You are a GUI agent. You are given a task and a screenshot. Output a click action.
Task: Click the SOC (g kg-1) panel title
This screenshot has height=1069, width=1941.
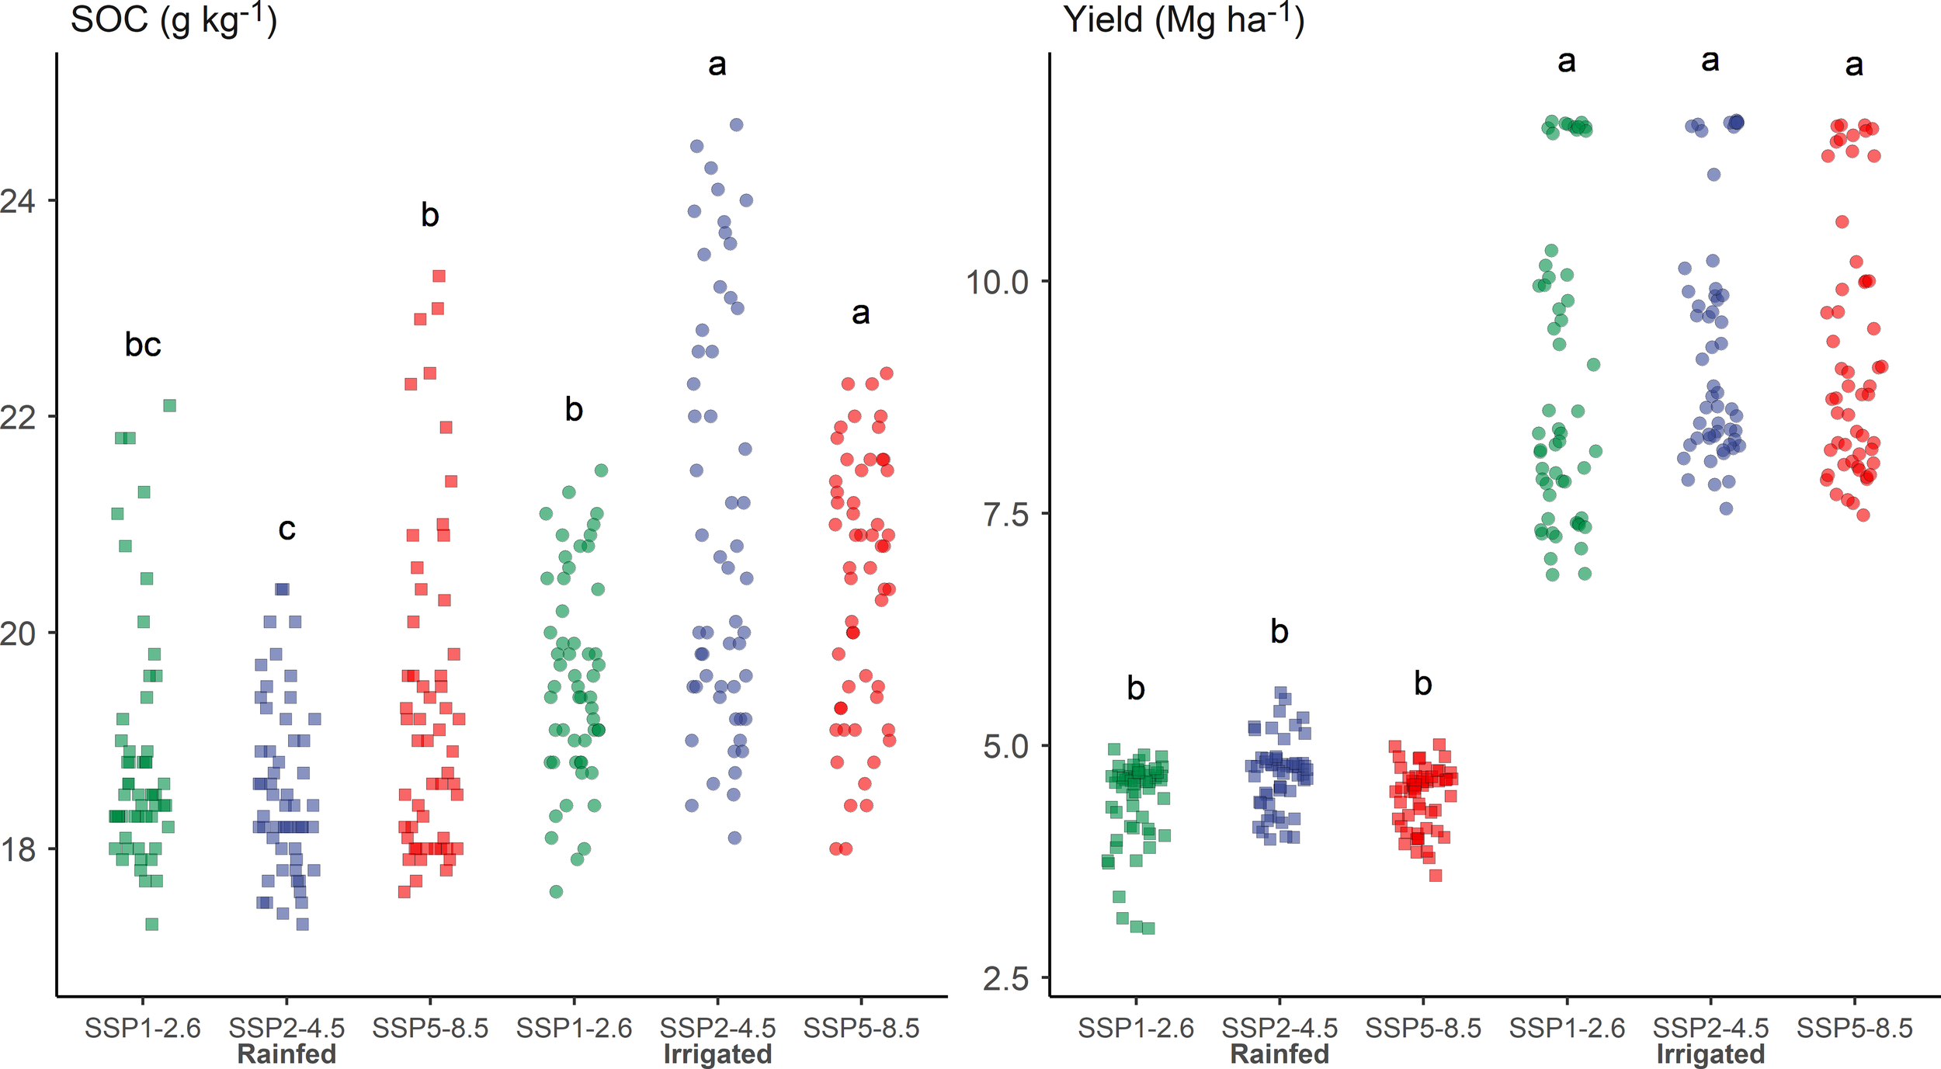(x=173, y=19)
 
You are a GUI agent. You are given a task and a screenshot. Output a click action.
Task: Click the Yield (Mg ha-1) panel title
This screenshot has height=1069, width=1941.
(x=1183, y=19)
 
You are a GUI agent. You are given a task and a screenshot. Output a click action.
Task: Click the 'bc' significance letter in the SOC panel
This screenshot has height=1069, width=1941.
(x=143, y=345)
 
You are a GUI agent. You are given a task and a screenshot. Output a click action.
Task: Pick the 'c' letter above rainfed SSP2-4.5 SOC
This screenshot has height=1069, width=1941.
(x=286, y=529)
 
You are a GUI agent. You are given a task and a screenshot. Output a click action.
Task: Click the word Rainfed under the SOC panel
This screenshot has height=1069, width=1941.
(x=286, y=1054)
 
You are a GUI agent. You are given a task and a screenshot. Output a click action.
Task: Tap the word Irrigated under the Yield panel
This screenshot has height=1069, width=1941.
(x=1710, y=1054)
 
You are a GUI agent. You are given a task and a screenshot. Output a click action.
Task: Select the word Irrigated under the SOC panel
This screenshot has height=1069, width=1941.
(x=717, y=1054)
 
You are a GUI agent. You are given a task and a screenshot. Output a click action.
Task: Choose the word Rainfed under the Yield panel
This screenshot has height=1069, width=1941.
(x=1280, y=1054)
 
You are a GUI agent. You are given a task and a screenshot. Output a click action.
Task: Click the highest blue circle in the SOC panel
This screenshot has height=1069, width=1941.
(x=737, y=125)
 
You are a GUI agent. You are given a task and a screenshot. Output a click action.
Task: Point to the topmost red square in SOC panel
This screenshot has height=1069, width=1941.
(x=439, y=276)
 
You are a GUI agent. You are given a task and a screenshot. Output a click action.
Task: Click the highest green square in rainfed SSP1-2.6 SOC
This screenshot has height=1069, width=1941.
(x=170, y=406)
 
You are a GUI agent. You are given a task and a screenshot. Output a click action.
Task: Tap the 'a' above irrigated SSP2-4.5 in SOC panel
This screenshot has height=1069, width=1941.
(x=717, y=64)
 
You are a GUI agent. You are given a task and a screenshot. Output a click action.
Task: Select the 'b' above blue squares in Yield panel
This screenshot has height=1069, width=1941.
(x=1280, y=632)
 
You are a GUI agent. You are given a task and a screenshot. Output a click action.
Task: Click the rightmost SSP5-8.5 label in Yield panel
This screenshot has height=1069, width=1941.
(x=1854, y=1028)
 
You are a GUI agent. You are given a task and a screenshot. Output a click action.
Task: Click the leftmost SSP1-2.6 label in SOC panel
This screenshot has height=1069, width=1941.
(x=143, y=1028)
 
